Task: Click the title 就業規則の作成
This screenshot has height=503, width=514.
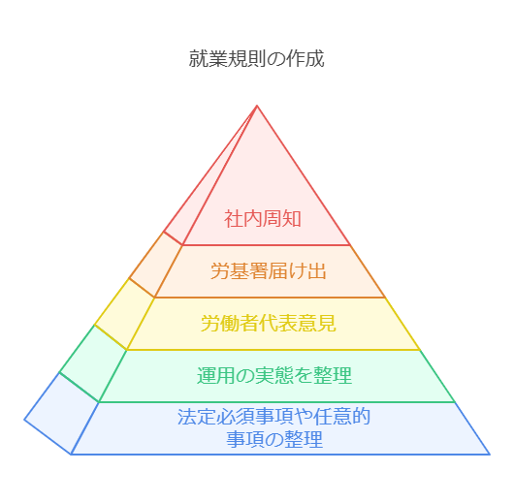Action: [256, 58]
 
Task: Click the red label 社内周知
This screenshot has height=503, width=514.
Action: [262, 219]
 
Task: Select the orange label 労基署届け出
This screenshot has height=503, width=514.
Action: [268, 271]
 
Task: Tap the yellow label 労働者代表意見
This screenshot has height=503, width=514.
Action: [268, 323]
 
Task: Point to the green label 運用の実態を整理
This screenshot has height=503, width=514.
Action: [274, 375]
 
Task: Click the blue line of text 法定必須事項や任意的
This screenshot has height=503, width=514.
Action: [274, 417]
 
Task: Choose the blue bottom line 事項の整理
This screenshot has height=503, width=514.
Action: [274, 439]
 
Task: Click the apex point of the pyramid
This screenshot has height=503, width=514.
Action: [257, 106]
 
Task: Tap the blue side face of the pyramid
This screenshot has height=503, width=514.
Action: [62, 414]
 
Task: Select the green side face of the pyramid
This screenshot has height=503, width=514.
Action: [94, 363]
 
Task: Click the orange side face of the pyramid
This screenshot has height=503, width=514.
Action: [156, 265]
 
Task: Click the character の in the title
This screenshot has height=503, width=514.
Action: [275, 59]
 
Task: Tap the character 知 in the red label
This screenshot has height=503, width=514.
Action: [291, 219]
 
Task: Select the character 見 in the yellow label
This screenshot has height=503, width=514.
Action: [327, 323]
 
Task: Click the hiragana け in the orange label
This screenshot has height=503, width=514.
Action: [298, 271]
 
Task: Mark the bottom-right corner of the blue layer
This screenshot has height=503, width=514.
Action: [490, 455]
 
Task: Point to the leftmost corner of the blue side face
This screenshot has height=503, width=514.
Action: [24, 420]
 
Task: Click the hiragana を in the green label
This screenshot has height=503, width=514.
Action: [304, 375]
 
